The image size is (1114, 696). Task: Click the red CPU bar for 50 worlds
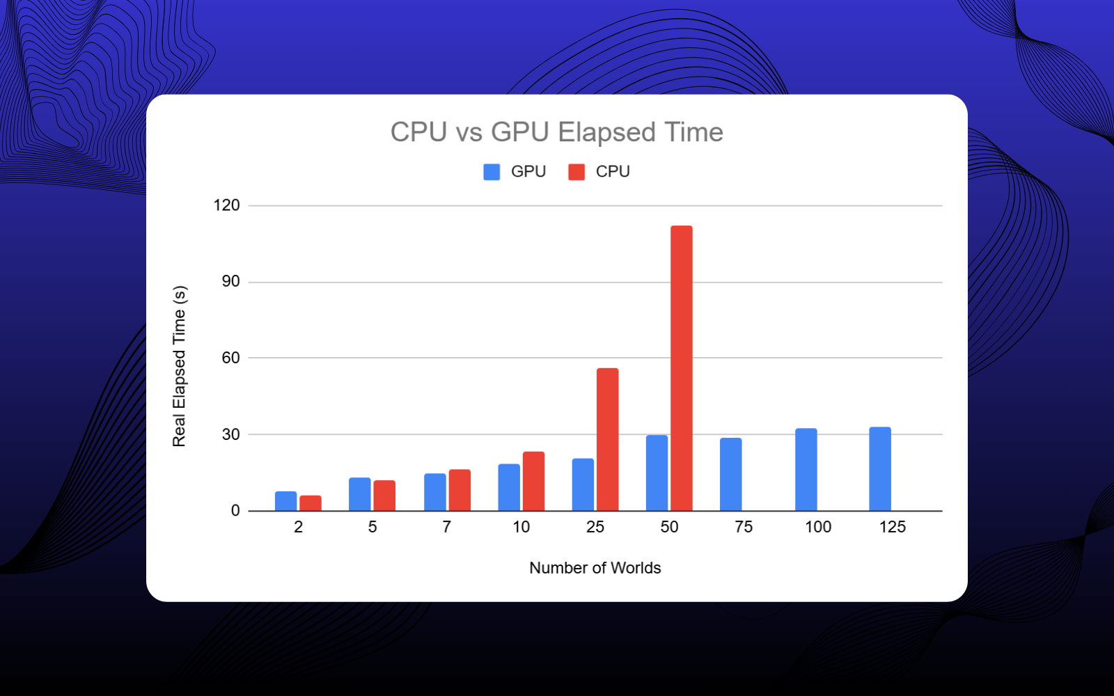coord(682,368)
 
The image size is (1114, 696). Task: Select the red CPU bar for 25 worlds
coord(607,439)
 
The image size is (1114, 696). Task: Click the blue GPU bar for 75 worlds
coord(730,474)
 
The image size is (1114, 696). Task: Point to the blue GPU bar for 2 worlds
coord(285,501)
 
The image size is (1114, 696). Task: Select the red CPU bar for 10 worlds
coord(533,481)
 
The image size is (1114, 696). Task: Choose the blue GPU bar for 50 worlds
coord(657,473)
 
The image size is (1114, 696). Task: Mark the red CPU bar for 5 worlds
coord(384,496)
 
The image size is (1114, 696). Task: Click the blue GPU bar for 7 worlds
coord(435,492)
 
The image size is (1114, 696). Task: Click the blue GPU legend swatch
coord(492,172)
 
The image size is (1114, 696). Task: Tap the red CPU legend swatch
coord(576,172)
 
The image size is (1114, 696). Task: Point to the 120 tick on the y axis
coord(226,205)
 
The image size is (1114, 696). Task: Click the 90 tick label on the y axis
coord(230,281)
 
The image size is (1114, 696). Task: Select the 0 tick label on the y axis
coord(235,511)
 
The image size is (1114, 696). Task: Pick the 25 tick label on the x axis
coord(595,527)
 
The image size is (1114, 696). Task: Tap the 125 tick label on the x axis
coord(892,527)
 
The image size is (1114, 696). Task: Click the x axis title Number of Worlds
coord(595,568)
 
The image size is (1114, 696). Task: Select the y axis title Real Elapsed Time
coord(180,366)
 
